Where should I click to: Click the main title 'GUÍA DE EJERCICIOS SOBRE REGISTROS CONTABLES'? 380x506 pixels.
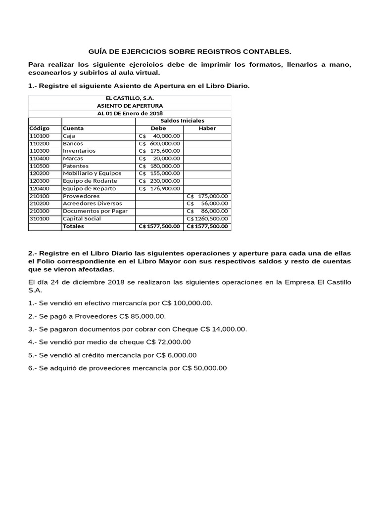pyautogui.click(x=190, y=51)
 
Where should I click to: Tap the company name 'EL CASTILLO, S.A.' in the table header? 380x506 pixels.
pyautogui.click(x=130, y=98)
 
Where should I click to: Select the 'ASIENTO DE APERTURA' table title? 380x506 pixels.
pyautogui.click(x=130, y=106)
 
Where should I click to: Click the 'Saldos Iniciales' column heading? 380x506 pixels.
pyautogui.click(x=182, y=121)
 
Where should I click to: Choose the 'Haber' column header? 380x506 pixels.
pyautogui.click(x=207, y=128)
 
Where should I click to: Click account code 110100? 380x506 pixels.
pyautogui.click(x=40, y=136)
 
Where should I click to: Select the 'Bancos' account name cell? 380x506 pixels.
pyautogui.click(x=73, y=143)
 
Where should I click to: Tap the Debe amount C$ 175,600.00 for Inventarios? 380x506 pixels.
pyautogui.click(x=159, y=151)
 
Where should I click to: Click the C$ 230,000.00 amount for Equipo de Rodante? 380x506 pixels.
pyautogui.click(x=159, y=181)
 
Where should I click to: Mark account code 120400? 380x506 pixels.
pyautogui.click(x=40, y=188)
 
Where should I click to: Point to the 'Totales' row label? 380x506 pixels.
pyautogui.click(x=73, y=226)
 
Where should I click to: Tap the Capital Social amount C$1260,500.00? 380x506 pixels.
pyautogui.click(x=207, y=218)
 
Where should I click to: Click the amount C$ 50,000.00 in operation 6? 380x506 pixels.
pyautogui.click(x=204, y=368)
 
